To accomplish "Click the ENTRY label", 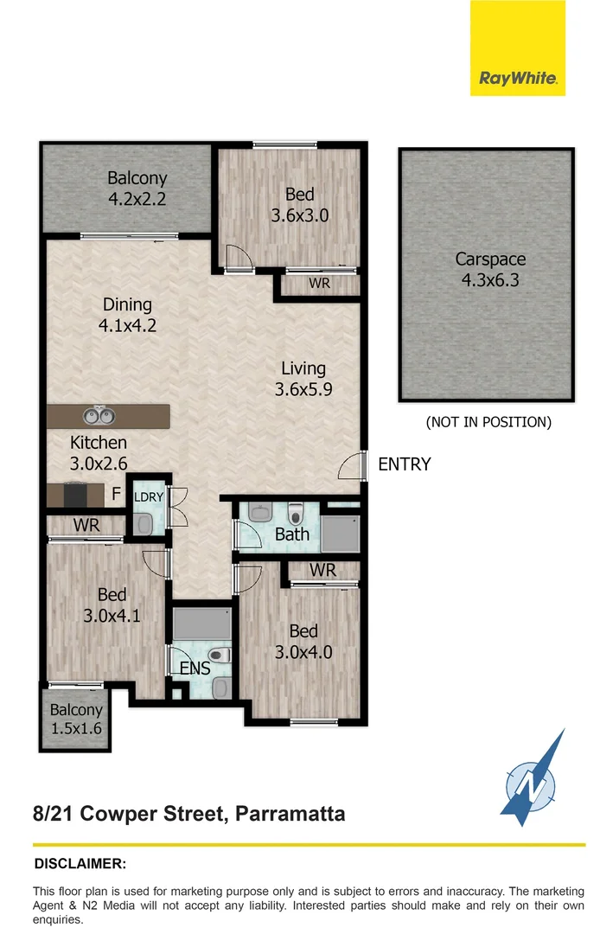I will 404,464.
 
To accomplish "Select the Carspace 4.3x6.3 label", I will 490,269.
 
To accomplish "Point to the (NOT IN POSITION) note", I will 488,423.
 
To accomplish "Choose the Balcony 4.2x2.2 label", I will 137,188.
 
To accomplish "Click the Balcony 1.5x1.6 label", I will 75,719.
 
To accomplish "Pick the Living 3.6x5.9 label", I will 303,379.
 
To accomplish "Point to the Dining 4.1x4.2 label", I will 127,315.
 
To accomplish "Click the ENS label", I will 195,668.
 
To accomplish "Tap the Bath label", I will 291,534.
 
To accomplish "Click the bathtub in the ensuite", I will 201,624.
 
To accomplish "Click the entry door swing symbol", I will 350,467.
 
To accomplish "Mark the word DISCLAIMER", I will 80,864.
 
